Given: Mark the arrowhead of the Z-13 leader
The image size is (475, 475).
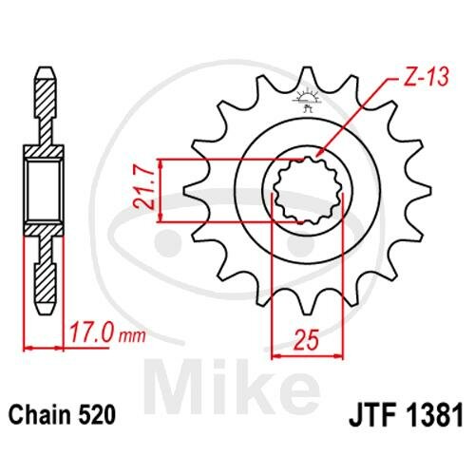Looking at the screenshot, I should click(320, 153).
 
